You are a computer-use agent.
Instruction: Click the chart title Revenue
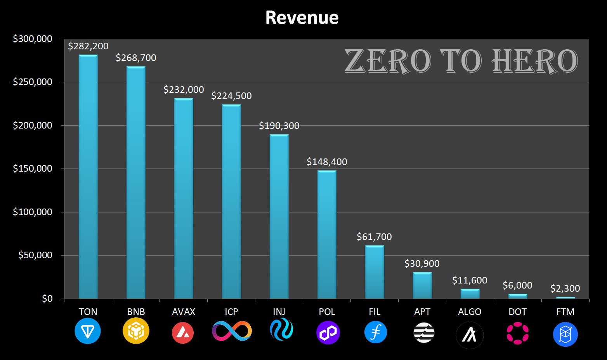[x=302, y=18]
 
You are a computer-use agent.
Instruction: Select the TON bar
[x=88, y=177]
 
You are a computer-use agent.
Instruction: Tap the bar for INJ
[x=279, y=216]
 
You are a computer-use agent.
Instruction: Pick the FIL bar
[x=375, y=272]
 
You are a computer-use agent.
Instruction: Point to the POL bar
[x=327, y=234]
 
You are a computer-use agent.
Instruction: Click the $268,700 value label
[x=136, y=58]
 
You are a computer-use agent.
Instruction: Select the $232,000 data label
[x=184, y=90]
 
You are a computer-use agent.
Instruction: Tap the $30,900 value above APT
[x=422, y=264]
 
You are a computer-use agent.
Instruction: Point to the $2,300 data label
[x=565, y=289]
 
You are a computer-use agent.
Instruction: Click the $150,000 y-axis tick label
[x=33, y=169]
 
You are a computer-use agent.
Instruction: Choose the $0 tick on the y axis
[x=47, y=299]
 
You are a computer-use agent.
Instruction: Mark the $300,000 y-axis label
[x=33, y=39]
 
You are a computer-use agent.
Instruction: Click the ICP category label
[x=231, y=312]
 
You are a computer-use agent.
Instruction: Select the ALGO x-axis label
[x=470, y=312]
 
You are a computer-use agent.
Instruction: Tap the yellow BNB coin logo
[x=136, y=331]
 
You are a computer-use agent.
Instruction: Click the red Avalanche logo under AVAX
[x=183, y=332]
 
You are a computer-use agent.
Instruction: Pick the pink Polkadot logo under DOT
[x=517, y=333]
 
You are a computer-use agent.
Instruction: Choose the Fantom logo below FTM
[x=565, y=334]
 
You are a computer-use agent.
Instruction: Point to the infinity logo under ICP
[x=232, y=331]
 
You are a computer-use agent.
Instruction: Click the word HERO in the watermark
[x=535, y=61]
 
